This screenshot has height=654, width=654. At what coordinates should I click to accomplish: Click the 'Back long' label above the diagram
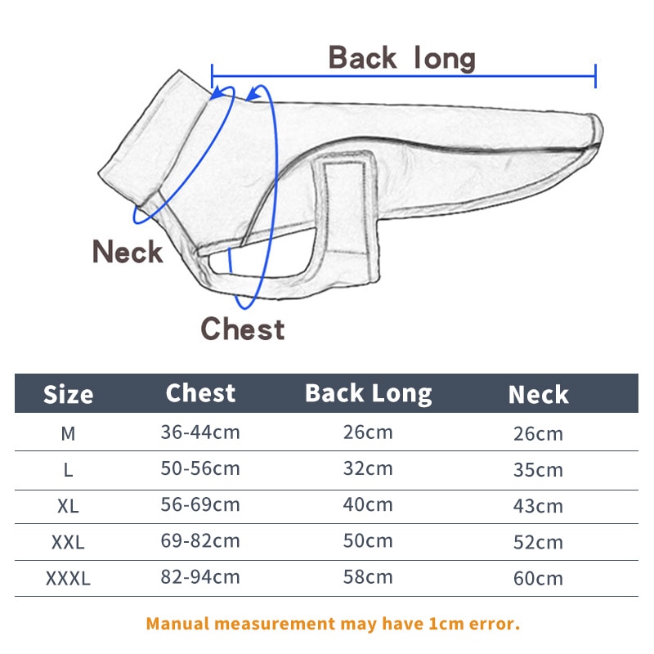[401, 58]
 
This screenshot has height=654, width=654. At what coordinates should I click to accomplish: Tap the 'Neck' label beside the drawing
[128, 252]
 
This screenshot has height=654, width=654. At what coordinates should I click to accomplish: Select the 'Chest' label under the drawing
[243, 329]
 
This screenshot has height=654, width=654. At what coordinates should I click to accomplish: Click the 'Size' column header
[68, 395]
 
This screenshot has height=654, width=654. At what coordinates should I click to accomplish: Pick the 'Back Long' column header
[369, 394]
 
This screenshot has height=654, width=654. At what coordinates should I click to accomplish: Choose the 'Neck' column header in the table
[539, 395]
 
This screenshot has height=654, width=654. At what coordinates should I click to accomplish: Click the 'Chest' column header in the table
[200, 393]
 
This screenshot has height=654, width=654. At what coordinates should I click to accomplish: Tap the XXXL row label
[68, 579]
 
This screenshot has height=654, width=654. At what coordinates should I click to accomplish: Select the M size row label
[68, 434]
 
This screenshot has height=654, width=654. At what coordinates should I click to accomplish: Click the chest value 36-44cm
[200, 432]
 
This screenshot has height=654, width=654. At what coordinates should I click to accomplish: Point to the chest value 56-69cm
[200, 504]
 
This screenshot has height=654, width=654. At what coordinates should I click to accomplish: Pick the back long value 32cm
[368, 468]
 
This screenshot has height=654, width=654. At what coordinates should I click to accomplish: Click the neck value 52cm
[538, 542]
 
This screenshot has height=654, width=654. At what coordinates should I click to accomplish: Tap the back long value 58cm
[368, 577]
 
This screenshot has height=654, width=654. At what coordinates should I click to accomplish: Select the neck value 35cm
[538, 470]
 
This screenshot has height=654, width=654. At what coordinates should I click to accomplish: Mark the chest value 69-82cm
[200, 541]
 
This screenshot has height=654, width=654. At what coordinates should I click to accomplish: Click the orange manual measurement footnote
[333, 624]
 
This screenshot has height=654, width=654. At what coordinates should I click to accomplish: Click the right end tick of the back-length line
[596, 76]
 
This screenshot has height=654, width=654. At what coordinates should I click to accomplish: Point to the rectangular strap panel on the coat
[346, 215]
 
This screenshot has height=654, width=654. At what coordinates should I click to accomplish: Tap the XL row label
[68, 506]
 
